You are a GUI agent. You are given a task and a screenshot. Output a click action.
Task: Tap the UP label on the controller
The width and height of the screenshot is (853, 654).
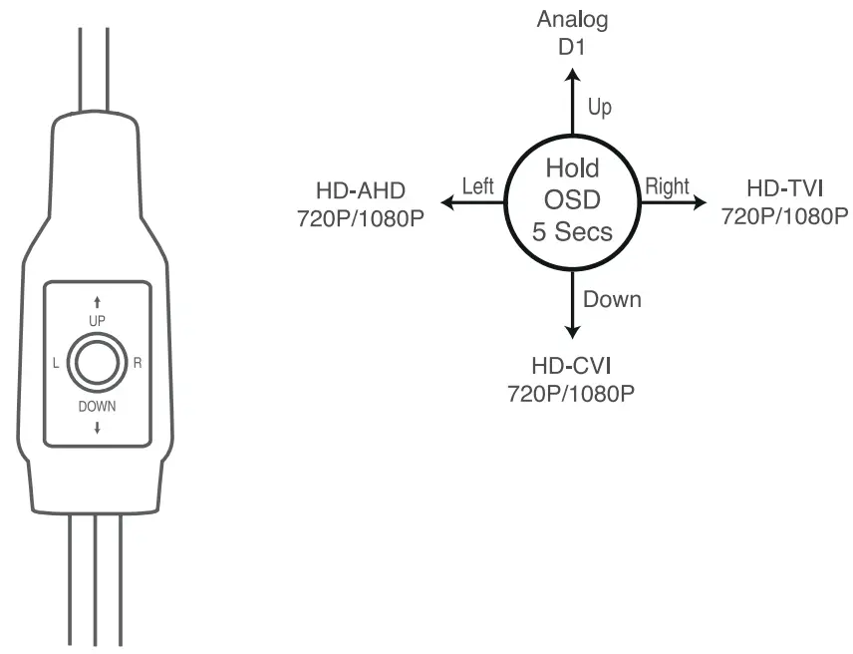pyautogui.click(x=97, y=319)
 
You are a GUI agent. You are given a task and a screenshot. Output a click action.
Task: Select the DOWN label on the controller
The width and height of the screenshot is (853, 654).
pyautogui.click(x=97, y=406)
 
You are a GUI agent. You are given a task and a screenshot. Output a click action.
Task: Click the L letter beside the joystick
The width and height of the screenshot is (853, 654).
pyautogui.click(x=57, y=362)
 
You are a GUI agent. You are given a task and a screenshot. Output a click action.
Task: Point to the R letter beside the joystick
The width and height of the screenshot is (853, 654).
pyautogui.click(x=137, y=362)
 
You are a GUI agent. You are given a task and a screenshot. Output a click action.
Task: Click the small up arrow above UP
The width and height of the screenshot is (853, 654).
pyautogui.click(x=97, y=300)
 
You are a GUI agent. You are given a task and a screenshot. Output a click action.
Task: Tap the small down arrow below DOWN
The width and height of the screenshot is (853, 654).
pyautogui.click(x=97, y=428)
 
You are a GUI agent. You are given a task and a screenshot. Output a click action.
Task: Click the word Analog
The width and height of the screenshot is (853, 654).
pyautogui.click(x=572, y=19)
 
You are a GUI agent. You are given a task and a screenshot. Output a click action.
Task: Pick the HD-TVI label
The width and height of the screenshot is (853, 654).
pyautogui.click(x=784, y=189)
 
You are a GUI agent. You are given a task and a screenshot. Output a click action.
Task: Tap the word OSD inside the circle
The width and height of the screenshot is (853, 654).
pyautogui.click(x=572, y=200)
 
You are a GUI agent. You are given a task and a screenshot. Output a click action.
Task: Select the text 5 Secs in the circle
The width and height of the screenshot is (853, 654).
pyautogui.click(x=572, y=235)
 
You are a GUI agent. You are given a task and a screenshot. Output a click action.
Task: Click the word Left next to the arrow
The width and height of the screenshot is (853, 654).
pyautogui.click(x=478, y=186)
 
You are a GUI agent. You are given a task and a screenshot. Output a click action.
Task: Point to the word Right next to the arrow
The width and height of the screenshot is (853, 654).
pyautogui.click(x=667, y=185)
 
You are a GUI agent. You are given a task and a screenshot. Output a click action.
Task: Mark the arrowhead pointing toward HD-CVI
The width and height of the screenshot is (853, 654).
pyautogui.click(x=572, y=332)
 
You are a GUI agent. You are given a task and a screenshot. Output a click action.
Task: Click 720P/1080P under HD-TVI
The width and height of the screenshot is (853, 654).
pyautogui.click(x=784, y=215)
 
